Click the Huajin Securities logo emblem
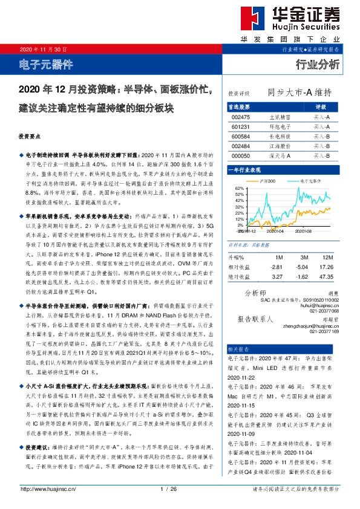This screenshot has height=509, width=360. (x=248, y=19)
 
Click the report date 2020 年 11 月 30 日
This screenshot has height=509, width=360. (x=44, y=49)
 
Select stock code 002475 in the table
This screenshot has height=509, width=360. (x=240, y=117)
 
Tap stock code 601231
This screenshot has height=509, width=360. (x=240, y=127)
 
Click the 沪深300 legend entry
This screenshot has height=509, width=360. (x=267, y=181)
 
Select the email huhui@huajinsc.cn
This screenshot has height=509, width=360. (x=318, y=306)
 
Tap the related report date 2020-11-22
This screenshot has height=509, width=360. (x=242, y=375)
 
